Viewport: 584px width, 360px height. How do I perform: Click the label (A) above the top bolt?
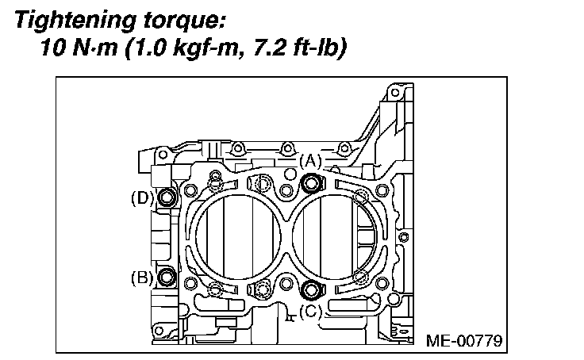pyautogui.click(x=311, y=161)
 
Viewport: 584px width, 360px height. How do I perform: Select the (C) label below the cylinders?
pyautogui.click(x=311, y=311)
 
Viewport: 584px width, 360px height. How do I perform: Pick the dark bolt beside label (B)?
pyautogui.click(x=167, y=277)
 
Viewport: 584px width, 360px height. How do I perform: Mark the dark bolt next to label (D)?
pyautogui.click(x=167, y=198)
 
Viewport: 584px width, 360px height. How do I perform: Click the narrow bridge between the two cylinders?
pyautogui.click(x=286, y=236)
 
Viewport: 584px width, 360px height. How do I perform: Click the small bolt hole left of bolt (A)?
pyautogui.click(x=286, y=190)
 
